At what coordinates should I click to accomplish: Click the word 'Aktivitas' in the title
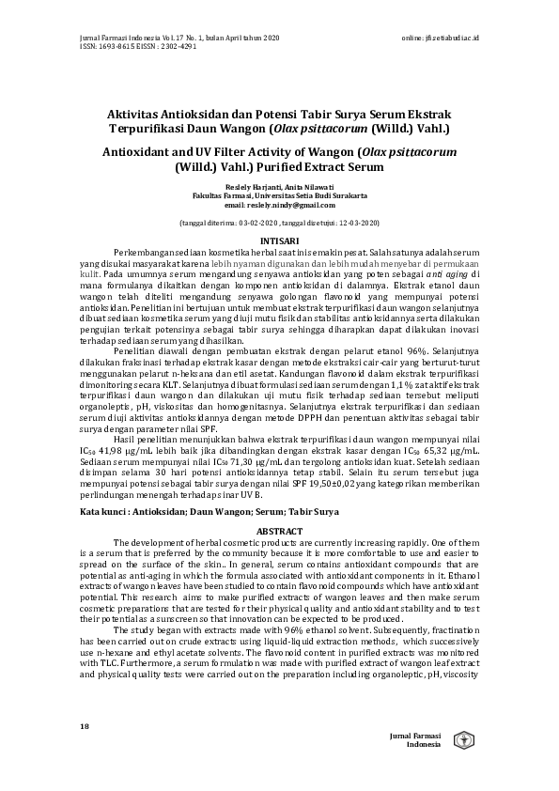click(139, 112)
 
